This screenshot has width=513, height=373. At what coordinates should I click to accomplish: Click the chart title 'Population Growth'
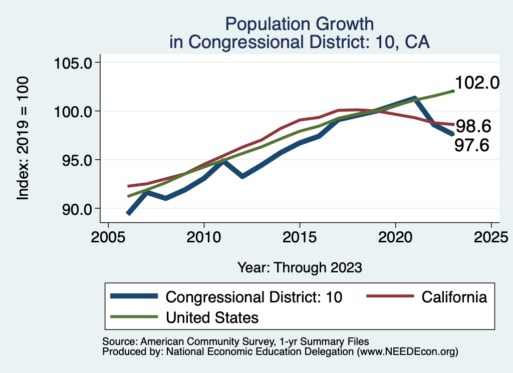pyautogui.click(x=299, y=24)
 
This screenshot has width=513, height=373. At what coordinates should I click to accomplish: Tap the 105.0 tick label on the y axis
pyautogui.click(x=74, y=63)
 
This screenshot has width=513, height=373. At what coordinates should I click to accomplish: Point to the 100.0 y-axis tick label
pyautogui.click(x=74, y=111)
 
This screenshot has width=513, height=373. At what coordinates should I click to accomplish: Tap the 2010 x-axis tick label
pyautogui.click(x=204, y=236)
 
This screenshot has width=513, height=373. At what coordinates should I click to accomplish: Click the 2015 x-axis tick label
pyautogui.click(x=300, y=236)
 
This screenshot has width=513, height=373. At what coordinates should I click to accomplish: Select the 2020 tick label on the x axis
pyautogui.click(x=396, y=236)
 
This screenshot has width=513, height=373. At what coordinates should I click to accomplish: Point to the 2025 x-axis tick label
pyautogui.click(x=491, y=236)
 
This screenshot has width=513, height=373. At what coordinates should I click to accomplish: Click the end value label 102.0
pyautogui.click(x=477, y=83)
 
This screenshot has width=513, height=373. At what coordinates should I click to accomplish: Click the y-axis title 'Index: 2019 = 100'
pyautogui.click(x=23, y=139)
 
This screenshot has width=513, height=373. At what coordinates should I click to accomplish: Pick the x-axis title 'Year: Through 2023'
pyautogui.click(x=300, y=267)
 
